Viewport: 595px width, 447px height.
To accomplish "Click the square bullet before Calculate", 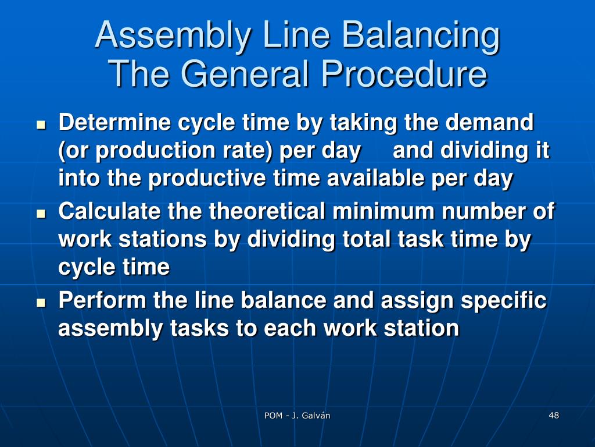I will (x=41, y=214).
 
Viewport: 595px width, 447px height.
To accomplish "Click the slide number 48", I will (x=553, y=415).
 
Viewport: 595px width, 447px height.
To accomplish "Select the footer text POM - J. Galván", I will (x=297, y=416).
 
